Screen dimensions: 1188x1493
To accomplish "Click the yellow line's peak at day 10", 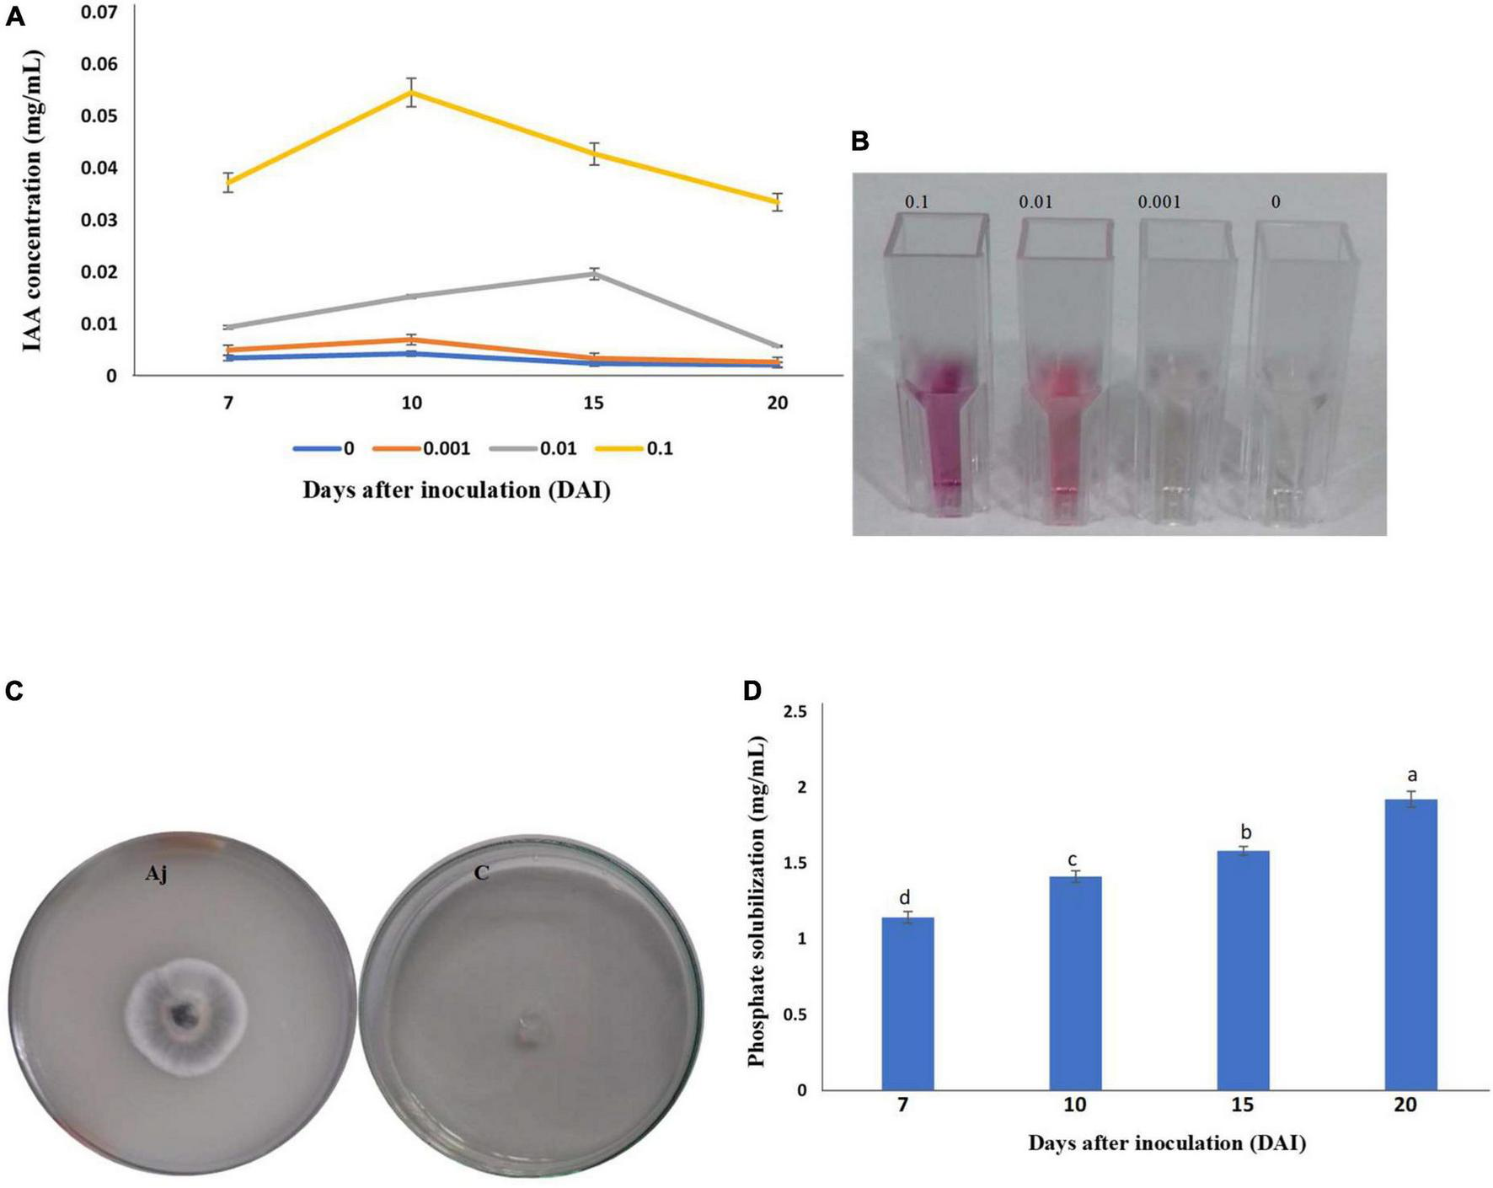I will tap(411, 92).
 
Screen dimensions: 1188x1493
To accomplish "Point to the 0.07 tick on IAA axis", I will tap(99, 13).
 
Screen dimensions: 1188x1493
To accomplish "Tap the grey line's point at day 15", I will tap(594, 274).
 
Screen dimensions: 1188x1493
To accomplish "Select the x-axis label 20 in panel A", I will tap(777, 404).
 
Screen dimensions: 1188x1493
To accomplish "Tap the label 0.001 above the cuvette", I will tap(1159, 202).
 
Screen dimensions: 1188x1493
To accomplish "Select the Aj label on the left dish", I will tap(156, 875).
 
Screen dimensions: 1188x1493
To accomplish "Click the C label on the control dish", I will tap(481, 873).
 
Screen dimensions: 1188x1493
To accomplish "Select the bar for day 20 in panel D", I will tap(1410, 944).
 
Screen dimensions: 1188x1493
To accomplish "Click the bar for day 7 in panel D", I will tap(907, 1003).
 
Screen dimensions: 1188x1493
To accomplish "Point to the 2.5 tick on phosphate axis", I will tap(795, 712).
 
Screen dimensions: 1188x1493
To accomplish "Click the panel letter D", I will tap(752, 692).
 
